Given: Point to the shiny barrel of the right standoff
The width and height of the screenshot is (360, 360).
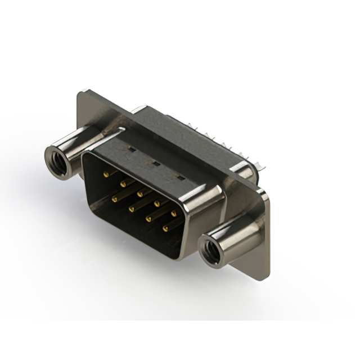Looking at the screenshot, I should click(236, 236).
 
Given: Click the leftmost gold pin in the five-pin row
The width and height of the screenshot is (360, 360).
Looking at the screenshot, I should click(105, 175).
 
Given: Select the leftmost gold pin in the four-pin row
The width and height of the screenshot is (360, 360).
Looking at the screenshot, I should click(114, 198).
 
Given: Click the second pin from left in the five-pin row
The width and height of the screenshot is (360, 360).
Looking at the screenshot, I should click(122, 183).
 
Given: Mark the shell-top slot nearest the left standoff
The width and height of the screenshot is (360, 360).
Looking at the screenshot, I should click(129, 150).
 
